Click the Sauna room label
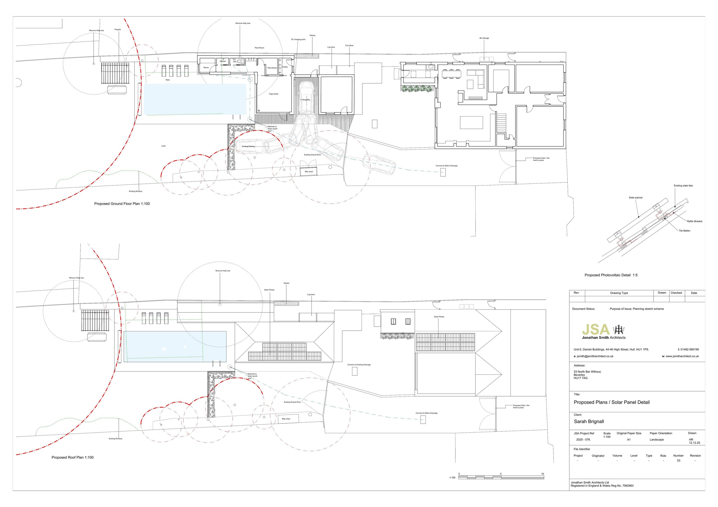click(x=206, y=67)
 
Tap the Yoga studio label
click(x=273, y=94)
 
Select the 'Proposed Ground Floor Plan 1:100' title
click(x=122, y=204)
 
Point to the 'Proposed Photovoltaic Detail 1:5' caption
click(x=611, y=275)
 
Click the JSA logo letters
click(x=596, y=329)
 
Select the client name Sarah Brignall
click(x=589, y=421)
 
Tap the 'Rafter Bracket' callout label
click(x=694, y=221)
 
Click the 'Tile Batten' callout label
click(x=684, y=231)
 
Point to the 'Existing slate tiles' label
click(x=683, y=186)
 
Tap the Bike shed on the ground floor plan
click(x=309, y=172)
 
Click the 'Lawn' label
click(x=163, y=146)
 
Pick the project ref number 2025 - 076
click(x=583, y=440)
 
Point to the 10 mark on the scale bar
click(x=543, y=474)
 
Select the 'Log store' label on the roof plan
click(x=311, y=295)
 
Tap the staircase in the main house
click(x=501, y=122)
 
